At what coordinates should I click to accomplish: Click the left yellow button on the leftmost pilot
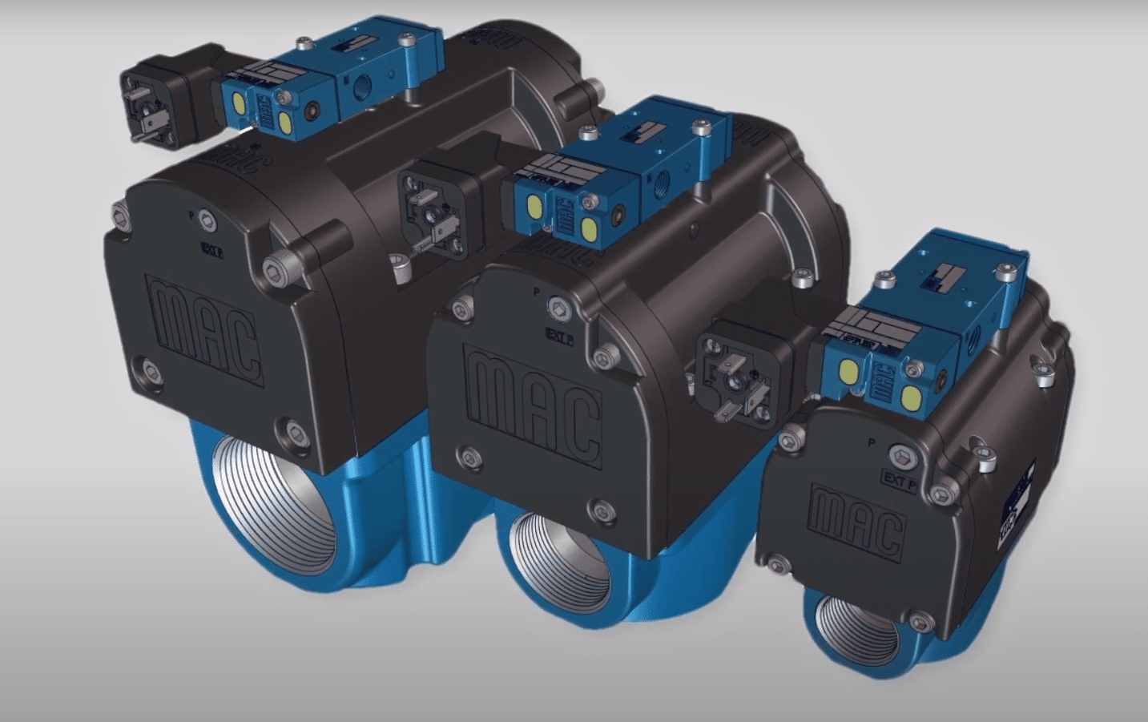coord(238,101)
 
